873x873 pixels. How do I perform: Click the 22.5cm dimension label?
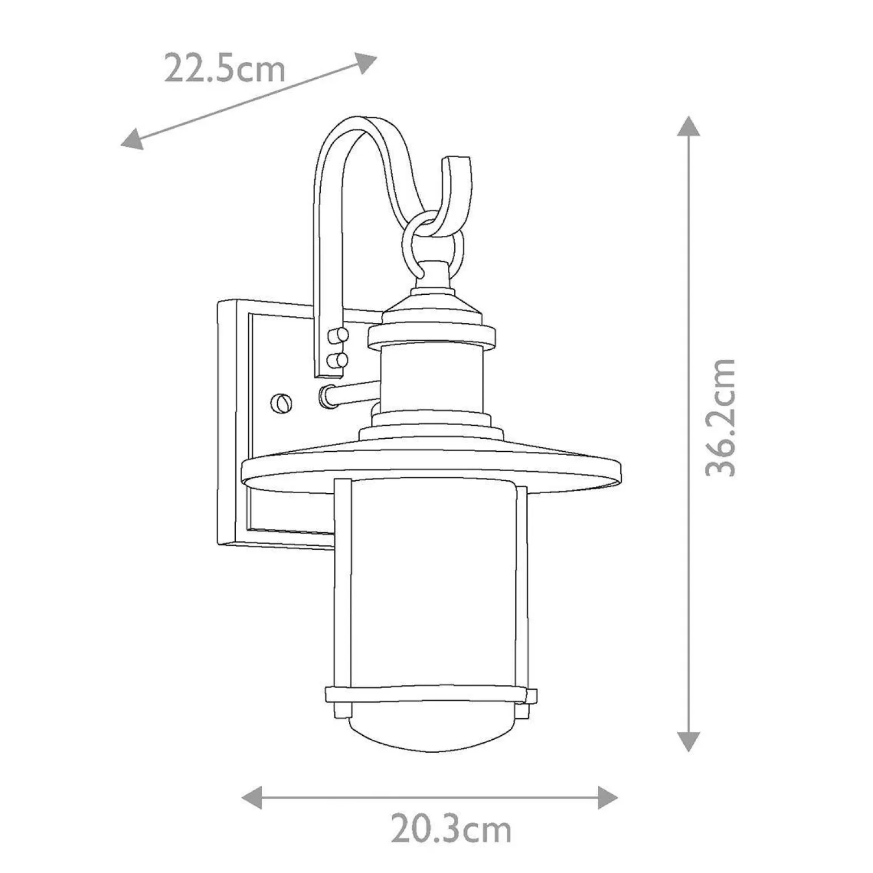point(224,68)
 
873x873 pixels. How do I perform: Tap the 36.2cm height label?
point(720,417)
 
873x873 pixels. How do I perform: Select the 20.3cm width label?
point(451,829)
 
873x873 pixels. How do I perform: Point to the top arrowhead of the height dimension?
point(689,126)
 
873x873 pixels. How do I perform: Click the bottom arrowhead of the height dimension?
point(689,741)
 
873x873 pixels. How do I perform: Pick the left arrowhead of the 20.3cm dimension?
point(252,798)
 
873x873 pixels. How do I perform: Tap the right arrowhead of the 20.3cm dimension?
point(607,798)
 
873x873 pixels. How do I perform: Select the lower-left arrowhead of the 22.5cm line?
point(132,139)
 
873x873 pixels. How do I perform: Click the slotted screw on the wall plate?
point(281,402)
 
